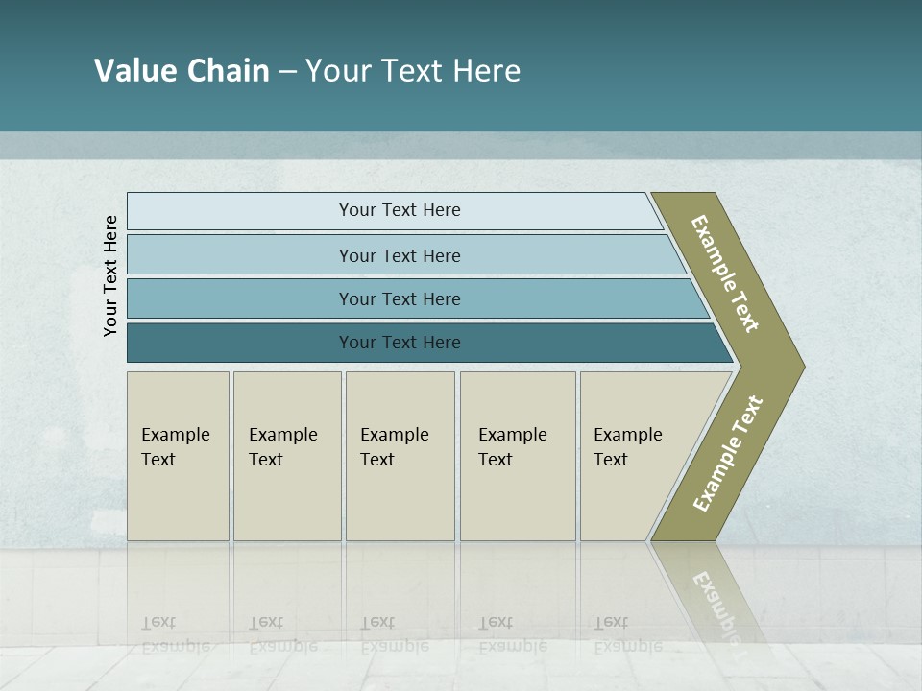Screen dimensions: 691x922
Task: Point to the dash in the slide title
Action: [287, 72]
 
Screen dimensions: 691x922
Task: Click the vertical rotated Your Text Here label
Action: [110, 275]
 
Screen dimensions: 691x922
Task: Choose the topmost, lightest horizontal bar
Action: [399, 210]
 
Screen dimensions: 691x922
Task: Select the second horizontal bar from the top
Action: [399, 255]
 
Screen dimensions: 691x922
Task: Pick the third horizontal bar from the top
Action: [399, 298]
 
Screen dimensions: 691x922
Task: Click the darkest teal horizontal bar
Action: [399, 343]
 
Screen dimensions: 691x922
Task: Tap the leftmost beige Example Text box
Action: [178, 456]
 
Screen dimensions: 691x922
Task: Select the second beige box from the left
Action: [286, 456]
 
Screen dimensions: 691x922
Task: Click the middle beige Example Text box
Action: [400, 456]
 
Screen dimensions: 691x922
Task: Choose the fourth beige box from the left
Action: [517, 456]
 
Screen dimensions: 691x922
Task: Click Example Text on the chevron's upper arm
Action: [725, 274]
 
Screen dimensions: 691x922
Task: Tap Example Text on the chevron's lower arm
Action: [728, 453]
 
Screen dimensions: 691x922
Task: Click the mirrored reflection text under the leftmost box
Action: [175, 634]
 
